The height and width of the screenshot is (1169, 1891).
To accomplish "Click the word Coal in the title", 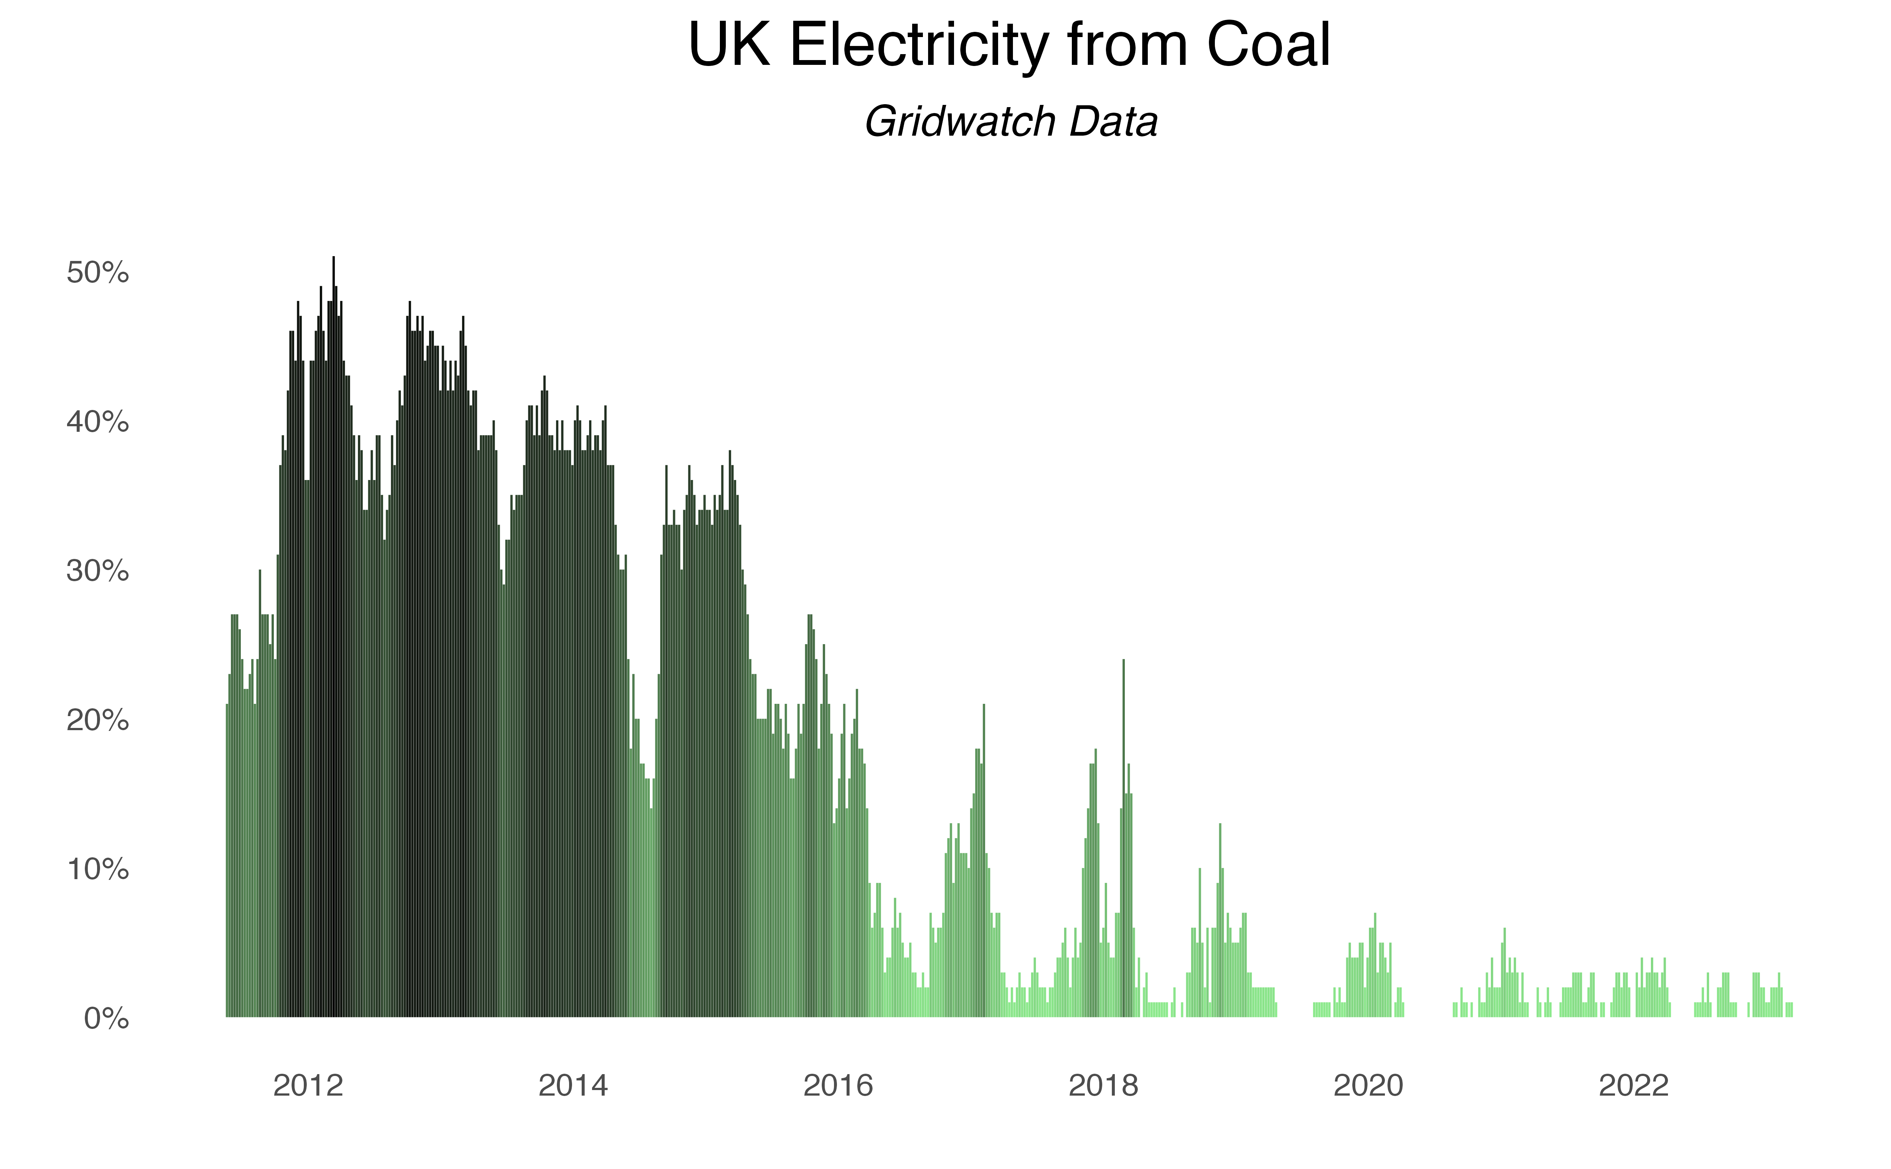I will (x=1268, y=45).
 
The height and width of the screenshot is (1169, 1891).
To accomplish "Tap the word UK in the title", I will (x=729, y=45).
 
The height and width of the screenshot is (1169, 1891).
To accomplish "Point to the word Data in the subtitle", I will (x=1114, y=122).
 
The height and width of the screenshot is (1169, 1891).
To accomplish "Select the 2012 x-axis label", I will (x=308, y=1086).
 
